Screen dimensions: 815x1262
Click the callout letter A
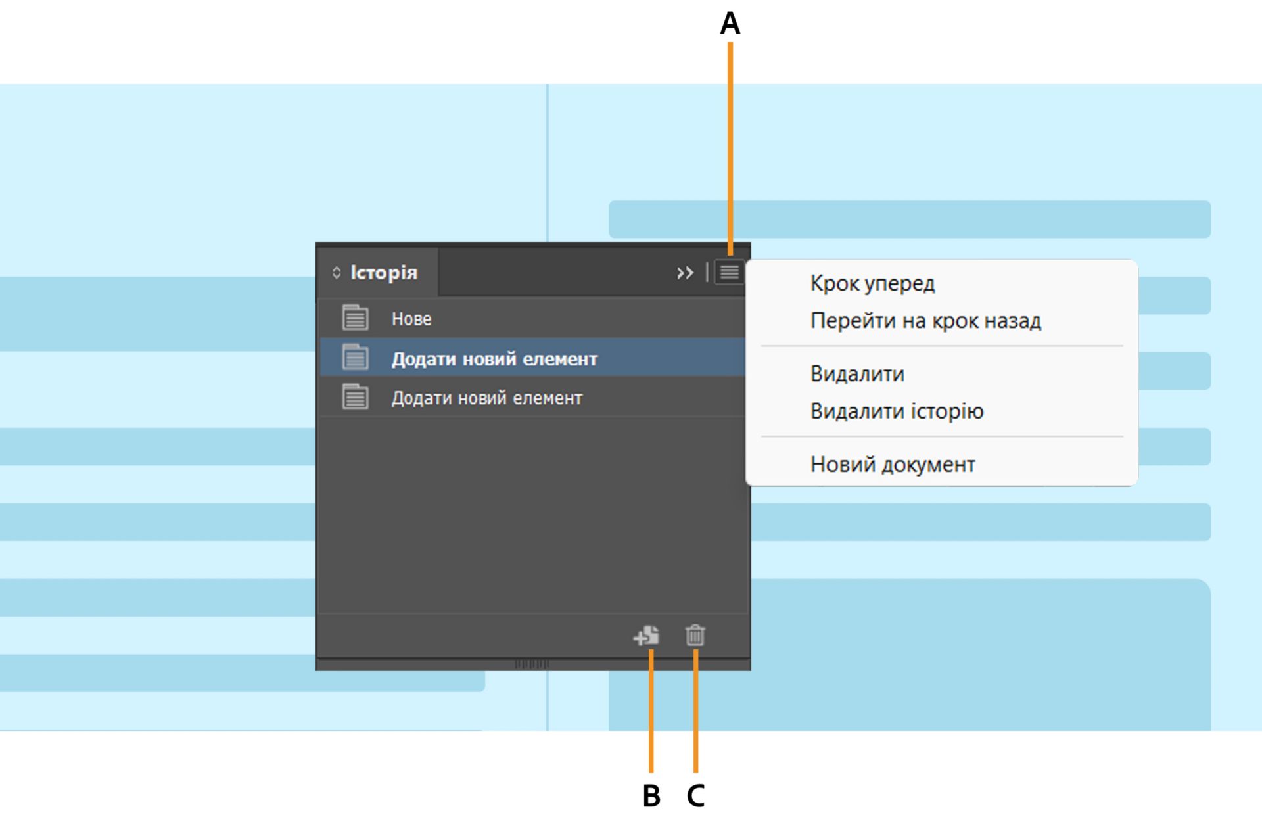tap(730, 24)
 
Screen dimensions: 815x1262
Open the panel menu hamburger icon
tap(729, 272)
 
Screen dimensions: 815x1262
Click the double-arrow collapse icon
tap(685, 273)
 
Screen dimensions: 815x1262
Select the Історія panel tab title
tap(383, 273)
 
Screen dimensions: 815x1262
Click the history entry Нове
tap(411, 319)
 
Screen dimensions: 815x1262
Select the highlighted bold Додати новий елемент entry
tap(494, 359)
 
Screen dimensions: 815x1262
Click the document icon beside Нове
tap(355, 318)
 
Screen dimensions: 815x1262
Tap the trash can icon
tap(695, 636)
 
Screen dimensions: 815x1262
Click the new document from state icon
tap(647, 636)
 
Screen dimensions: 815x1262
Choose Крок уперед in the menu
tap(872, 283)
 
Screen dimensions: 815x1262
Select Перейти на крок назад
tap(925, 321)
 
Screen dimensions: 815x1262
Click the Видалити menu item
tap(857, 374)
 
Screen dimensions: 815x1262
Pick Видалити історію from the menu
tap(897, 411)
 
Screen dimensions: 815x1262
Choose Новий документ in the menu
tap(893, 465)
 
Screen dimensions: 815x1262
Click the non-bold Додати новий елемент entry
tap(486, 398)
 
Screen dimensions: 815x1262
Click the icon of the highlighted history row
tap(355, 358)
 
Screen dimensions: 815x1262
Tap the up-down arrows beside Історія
tap(337, 273)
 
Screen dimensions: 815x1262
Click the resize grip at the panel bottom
tap(532, 664)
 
